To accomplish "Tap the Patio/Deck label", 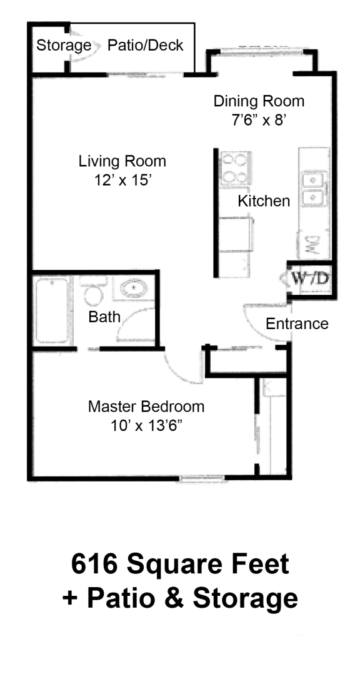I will pos(146,45).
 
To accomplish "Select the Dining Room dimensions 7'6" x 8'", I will pos(259,120).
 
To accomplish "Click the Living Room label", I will pos(122,161).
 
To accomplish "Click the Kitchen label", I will pos(264,201).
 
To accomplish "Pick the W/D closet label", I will pos(309,278).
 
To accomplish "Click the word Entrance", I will pos(297,324).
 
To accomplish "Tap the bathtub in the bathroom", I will pos(52,310).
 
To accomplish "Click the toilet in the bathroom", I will pos(93,294).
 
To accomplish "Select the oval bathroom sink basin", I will pos(134,289).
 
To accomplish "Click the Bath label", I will pos(104,317).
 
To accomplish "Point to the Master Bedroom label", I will pos(146,407).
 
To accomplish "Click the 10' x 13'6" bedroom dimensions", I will pos(146,427).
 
